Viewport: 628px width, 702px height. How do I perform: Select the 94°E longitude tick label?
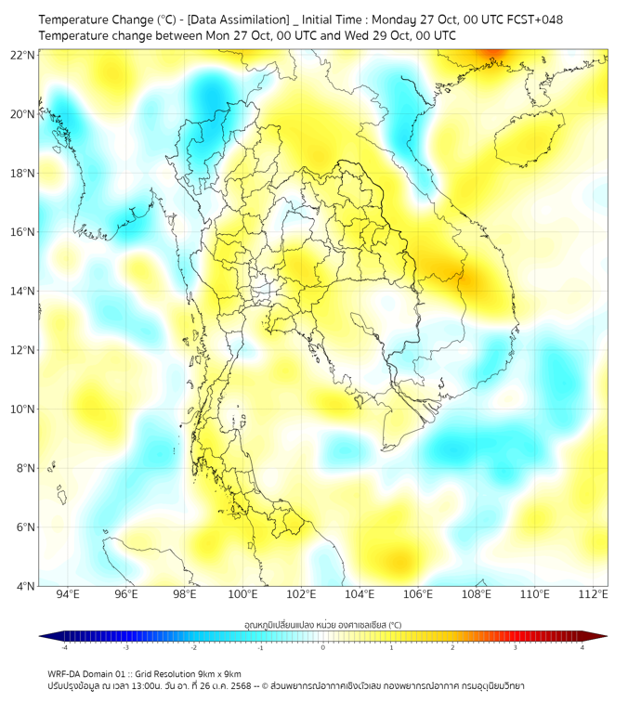point(68,594)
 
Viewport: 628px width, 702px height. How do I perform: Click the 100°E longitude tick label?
point(242,594)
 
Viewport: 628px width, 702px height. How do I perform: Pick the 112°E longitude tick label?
point(593,594)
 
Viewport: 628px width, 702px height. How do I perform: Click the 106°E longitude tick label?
point(418,594)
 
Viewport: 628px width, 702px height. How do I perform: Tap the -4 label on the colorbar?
point(63,647)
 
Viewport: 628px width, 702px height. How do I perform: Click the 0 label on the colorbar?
point(323,647)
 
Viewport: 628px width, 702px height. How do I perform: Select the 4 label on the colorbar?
point(582,647)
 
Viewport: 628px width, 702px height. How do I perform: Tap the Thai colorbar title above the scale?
point(322,624)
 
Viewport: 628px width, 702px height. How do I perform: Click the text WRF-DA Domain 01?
point(85,673)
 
